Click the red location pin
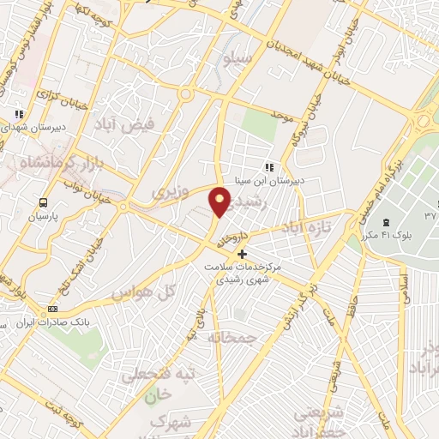pos(220,201)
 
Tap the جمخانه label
pos(233,337)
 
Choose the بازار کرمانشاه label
pos(43,161)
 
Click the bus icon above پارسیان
pos(44,203)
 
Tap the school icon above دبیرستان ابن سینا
pos(268,167)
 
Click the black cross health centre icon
pos(243,254)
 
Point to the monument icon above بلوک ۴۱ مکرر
pos(386,222)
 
